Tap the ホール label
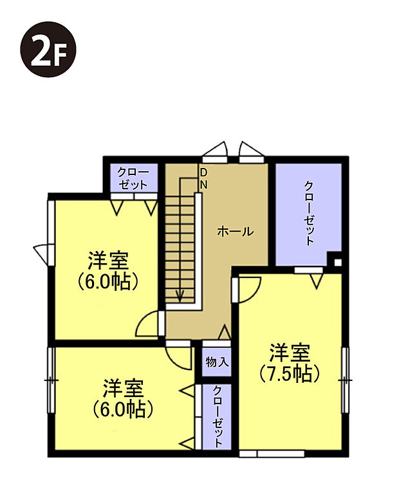coord(235,232)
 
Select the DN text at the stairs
coord(203,179)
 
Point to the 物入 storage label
coord(217,362)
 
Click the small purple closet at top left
coord(133,178)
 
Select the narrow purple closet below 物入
coord(217,417)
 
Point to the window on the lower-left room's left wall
coord(51,381)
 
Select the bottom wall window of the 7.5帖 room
coord(272,453)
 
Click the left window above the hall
coord(214,153)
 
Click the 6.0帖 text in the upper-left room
coord(108,281)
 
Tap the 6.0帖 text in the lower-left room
coord(122,408)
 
